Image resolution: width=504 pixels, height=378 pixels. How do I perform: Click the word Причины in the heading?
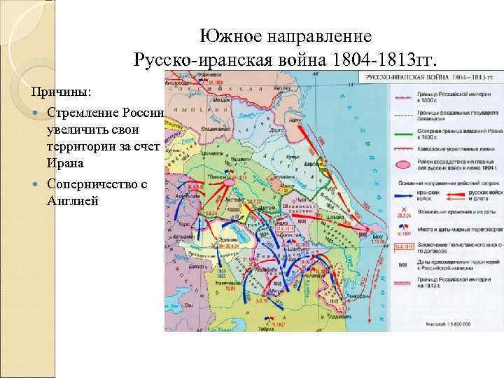click(x=65, y=92)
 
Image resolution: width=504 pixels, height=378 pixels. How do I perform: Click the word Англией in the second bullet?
click(x=73, y=200)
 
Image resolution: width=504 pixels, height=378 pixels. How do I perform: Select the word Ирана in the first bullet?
click(x=64, y=163)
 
